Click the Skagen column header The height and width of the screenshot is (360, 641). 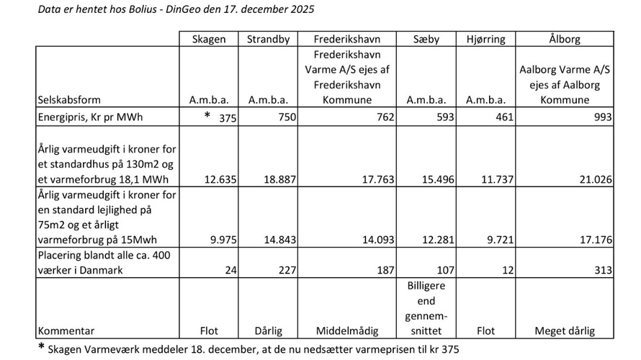coord(208,40)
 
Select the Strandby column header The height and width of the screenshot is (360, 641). coord(268,40)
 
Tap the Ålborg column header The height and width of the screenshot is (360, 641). coord(566,40)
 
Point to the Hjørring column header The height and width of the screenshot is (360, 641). coord(488,40)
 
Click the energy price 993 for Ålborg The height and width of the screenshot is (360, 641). coord(602,118)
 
